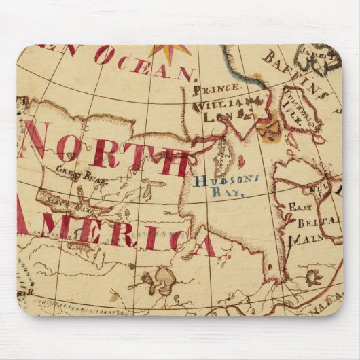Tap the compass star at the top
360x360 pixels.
(170, 51)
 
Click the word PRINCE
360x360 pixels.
(217, 89)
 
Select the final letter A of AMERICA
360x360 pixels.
(204, 245)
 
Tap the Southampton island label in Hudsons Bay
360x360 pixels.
(221, 157)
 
